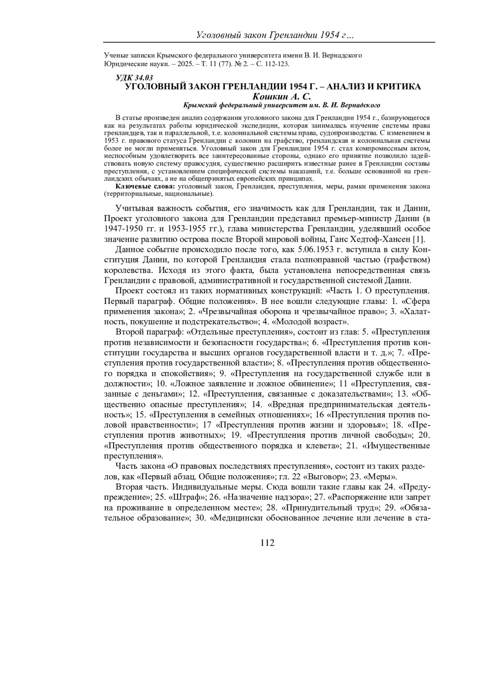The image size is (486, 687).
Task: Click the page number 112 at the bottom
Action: click(268, 543)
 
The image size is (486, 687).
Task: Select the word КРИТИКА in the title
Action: click(397, 87)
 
